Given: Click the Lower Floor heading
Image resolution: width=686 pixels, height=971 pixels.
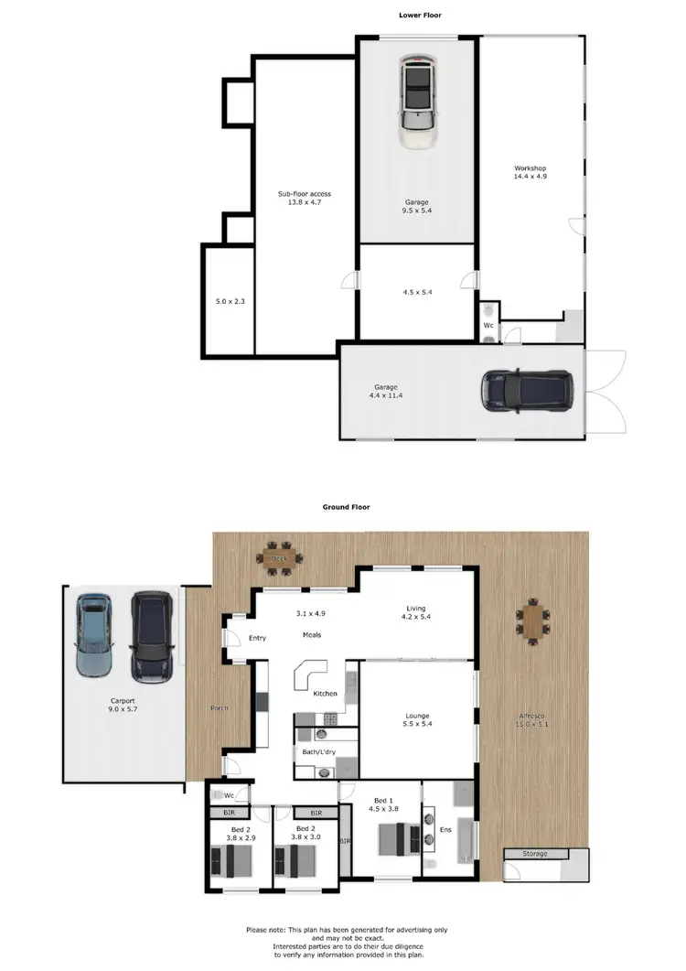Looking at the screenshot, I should (422, 16).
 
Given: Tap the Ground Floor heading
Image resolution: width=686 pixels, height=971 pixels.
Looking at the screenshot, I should (345, 506).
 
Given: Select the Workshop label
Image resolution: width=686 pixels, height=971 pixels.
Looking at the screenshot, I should (530, 168).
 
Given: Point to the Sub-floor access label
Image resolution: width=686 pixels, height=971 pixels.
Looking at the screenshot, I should (305, 194).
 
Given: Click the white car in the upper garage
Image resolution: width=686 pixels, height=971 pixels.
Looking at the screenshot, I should (417, 101).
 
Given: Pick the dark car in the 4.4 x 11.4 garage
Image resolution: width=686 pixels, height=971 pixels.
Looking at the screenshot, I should (526, 391).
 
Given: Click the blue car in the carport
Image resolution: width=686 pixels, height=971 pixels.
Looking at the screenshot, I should (93, 633).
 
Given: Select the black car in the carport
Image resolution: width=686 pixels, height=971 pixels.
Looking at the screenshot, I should (151, 636).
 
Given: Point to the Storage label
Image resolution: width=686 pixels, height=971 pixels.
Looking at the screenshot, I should (535, 854).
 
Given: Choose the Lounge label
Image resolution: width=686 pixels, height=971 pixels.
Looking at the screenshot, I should (417, 716).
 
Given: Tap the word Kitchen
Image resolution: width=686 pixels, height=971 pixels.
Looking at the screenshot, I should (326, 694).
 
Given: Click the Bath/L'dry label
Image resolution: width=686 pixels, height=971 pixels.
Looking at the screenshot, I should (316, 752).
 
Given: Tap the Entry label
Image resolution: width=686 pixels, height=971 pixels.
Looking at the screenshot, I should (257, 638).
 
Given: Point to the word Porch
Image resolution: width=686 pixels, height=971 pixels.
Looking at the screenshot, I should (219, 708).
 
